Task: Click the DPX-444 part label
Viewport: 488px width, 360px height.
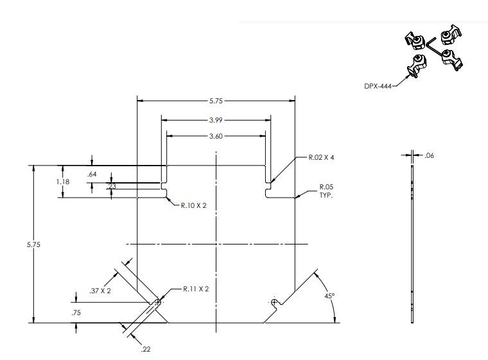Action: point(378,83)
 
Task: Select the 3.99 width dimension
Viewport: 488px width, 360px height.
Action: point(216,119)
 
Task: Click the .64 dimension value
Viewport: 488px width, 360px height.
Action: point(91,173)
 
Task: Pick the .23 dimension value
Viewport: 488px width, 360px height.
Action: point(112,187)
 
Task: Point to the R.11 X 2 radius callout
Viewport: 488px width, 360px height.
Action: point(196,289)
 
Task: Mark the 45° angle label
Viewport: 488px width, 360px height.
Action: point(329,296)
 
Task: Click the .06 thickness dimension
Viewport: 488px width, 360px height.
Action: point(430,155)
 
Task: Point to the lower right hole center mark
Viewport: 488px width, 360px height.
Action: point(274,302)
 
